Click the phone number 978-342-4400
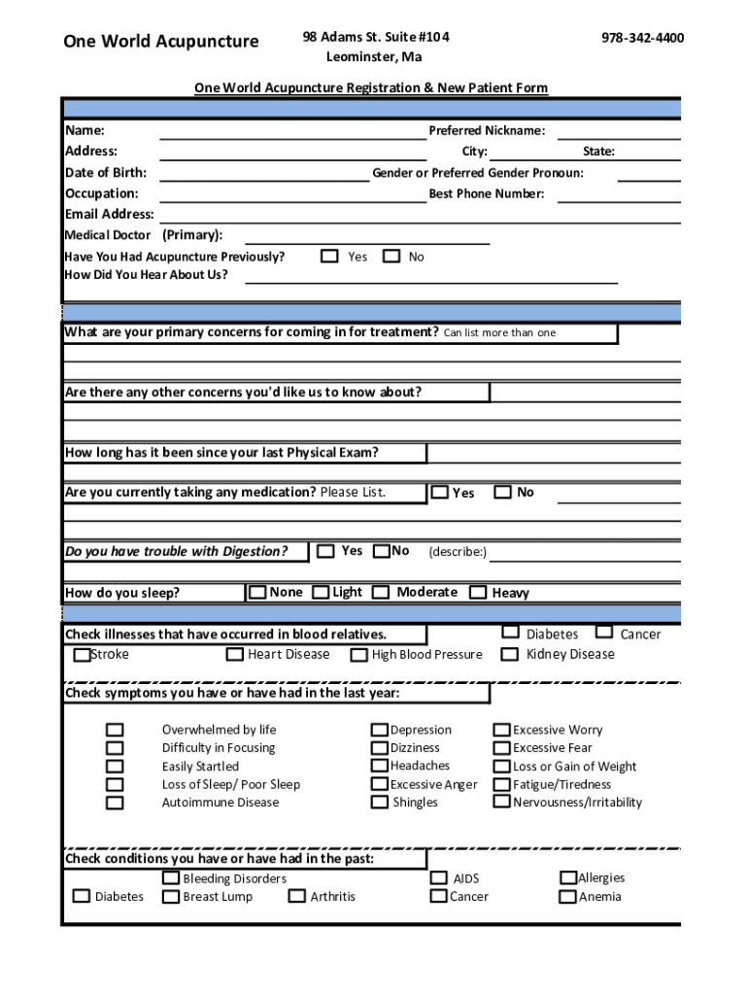642,38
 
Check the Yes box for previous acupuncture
330,257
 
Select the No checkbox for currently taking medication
503,492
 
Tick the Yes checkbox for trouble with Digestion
326,551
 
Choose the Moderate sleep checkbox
381,592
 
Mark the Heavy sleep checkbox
478,592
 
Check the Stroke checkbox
83,655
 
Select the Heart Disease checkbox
235,655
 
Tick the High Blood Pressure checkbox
359,655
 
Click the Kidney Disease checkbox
510,654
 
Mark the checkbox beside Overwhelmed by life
115,730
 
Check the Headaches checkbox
380,766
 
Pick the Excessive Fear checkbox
502,748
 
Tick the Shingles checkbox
380,803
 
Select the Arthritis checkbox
297,896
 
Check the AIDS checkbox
439,877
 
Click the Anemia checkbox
568,896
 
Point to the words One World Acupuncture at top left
161,41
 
